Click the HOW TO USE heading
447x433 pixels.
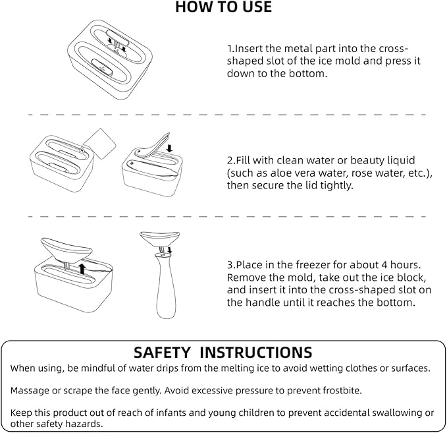tap(223, 8)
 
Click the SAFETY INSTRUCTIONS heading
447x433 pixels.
tap(223, 352)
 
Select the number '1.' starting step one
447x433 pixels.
tap(231, 48)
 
